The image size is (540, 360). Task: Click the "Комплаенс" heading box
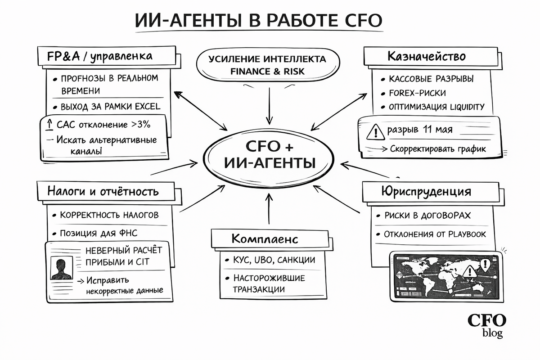tap(265, 238)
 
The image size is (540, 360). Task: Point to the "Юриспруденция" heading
tap(426, 191)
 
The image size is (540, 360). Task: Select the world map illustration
tap(441, 277)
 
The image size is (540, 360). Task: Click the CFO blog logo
tap(487, 325)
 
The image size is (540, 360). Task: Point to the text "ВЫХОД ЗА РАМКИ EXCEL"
tap(110, 107)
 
